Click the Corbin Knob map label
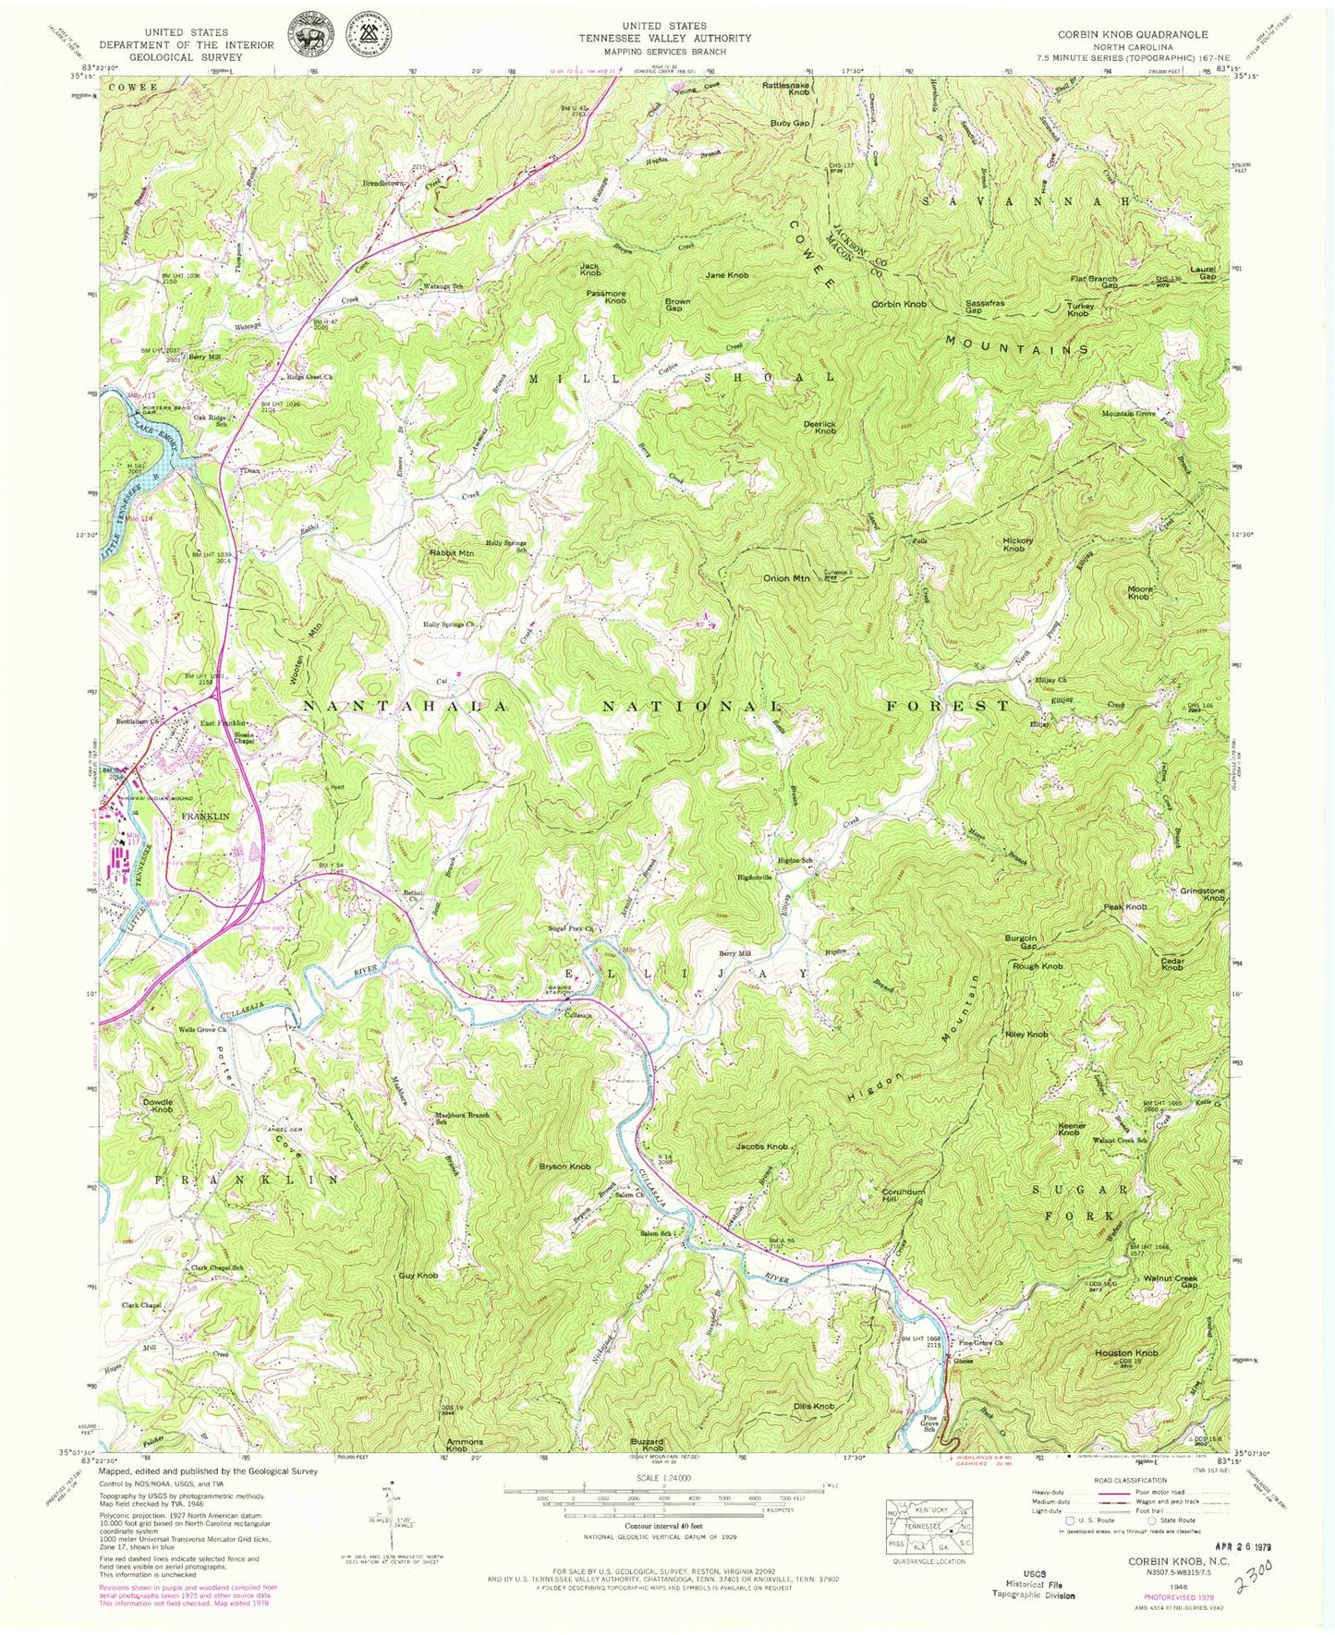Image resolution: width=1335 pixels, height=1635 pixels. [899, 304]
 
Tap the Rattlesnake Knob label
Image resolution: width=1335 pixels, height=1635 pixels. [786, 89]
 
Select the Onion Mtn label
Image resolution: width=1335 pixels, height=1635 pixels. [786, 578]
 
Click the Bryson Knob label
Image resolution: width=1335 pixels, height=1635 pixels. [564, 1166]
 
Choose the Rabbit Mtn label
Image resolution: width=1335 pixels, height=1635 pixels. [452, 553]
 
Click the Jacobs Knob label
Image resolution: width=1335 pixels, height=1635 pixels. [762, 1146]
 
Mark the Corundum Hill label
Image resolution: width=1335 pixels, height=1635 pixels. [903, 1195]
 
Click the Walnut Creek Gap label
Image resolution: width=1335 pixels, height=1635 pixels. [1171, 1281]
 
